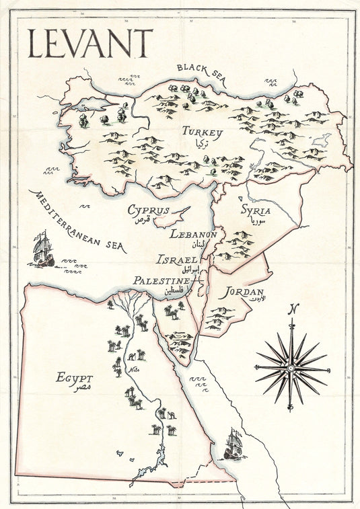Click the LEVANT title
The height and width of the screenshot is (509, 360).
(90, 43)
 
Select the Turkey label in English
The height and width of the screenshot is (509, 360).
(201, 133)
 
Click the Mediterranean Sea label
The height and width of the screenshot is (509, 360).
(78, 221)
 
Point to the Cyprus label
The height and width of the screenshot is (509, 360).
(148, 210)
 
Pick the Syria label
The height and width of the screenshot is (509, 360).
(256, 210)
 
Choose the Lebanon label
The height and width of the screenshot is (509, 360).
(192, 235)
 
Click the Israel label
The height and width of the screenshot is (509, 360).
(177, 259)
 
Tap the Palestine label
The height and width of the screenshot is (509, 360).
(161, 280)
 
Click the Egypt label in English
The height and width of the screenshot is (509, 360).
(75, 377)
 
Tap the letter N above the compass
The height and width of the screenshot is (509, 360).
(292, 309)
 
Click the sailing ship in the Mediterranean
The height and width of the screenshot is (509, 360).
(42, 248)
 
